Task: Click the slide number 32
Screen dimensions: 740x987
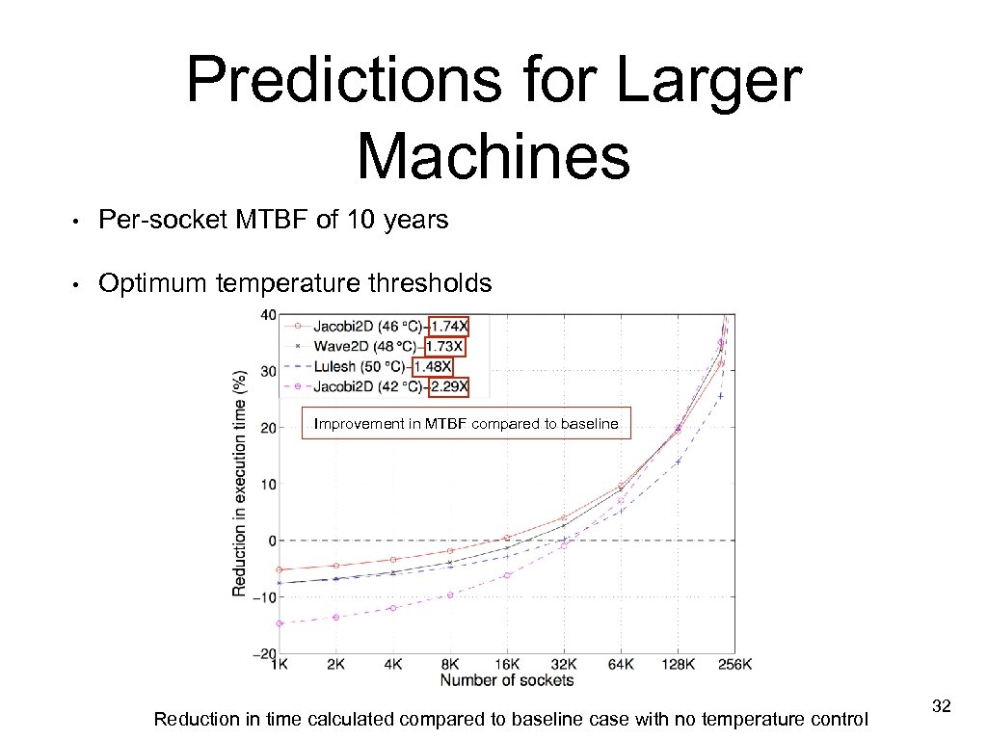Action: (942, 707)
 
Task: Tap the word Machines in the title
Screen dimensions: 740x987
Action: (493, 156)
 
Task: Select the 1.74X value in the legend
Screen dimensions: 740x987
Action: (449, 326)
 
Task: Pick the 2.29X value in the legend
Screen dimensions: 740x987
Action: (449, 386)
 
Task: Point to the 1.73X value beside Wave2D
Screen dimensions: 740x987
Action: (443, 346)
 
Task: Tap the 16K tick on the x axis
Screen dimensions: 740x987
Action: (507, 664)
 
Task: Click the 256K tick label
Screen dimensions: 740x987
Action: (734, 664)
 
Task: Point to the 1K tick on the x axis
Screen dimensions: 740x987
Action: (280, 664)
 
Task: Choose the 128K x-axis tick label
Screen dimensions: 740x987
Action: (678, 664)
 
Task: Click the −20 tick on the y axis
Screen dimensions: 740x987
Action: (263, 653)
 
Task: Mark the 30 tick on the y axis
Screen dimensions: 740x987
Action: (267, 371)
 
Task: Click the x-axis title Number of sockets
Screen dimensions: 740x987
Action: (507, 680)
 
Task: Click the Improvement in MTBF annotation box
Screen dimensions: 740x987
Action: (467, 424)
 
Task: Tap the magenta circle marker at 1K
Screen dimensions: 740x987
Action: (280, 623)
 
